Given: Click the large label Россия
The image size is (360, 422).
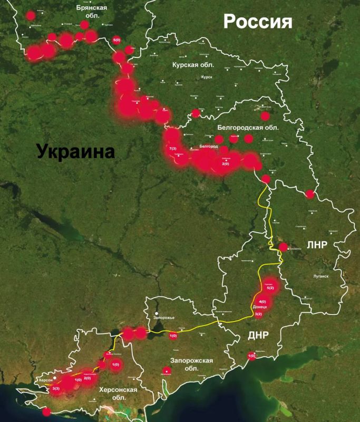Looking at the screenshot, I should (257, 22).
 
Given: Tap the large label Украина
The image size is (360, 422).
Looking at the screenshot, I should (75, 152).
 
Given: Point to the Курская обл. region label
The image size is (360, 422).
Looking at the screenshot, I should (193, 64).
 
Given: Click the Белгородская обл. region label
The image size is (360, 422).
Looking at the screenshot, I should (248, 128).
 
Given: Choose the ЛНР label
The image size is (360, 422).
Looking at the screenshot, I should (317, 245).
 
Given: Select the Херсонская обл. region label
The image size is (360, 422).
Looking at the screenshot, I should (118, 394).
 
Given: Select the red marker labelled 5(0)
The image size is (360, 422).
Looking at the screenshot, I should (117, 40).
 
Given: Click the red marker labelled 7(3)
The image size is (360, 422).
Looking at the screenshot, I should (173, 149).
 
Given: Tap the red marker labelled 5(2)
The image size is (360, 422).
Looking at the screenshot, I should (271, 288).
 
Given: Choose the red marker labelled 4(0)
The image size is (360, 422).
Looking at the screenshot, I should (263, 301).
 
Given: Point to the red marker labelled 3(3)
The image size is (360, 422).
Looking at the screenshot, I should (56, 389).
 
